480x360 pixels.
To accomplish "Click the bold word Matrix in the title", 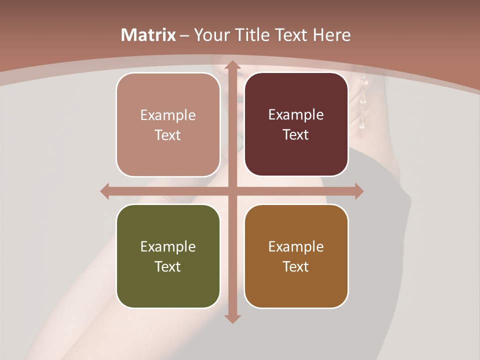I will (x=148, y=35).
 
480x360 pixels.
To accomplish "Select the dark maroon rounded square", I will (x=296, y=124).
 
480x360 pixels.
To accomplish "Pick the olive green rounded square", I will (x=168, y=256).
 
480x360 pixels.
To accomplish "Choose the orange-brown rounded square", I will (x=296, y=256).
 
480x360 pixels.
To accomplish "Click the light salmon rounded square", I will (x=168, y=124).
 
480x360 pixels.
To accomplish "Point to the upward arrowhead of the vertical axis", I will (x=232, y=65).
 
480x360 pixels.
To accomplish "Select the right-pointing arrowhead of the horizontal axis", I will (x=358, y=191).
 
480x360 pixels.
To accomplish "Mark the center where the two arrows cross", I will (x=232, y=191).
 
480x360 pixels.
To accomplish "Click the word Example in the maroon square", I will (x=296, y=114).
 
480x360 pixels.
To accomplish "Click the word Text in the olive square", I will (x=168, y=266).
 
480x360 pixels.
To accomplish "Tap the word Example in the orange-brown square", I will (x=296, y=246).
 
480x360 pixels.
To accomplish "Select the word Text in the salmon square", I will (x=168, y=135).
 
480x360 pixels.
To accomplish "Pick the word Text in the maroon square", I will (x=296, y=134).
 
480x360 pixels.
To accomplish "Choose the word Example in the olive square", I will (x=168, y=246).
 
